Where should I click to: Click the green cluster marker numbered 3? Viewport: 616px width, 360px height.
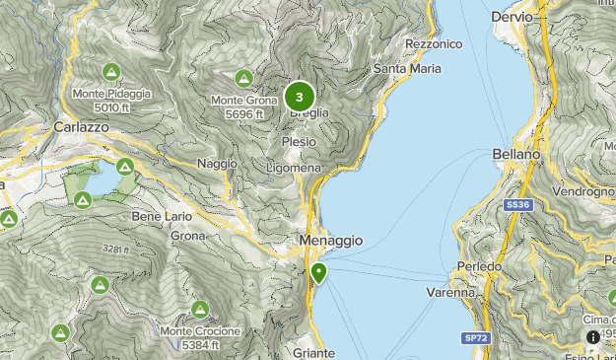[300, 97]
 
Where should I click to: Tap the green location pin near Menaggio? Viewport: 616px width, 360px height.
[318, 273]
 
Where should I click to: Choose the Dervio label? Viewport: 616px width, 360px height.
[512, 17]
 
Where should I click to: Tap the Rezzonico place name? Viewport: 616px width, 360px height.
[433, 44]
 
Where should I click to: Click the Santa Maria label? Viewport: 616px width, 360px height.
[405, 68]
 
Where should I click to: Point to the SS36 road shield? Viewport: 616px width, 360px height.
[518, 204]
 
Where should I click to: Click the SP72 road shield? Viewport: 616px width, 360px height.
[475, 338]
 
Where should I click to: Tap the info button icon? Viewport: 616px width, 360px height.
[593, 337]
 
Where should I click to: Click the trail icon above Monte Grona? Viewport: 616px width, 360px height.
[243, 78]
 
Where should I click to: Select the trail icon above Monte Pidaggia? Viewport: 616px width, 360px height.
[110, 72]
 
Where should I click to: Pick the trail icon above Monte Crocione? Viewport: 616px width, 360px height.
[200, 309]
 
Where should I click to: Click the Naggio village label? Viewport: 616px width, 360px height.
[217, 163]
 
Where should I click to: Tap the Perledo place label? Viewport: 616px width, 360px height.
[480, 267]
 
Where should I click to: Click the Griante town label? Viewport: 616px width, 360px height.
[314, 352]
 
